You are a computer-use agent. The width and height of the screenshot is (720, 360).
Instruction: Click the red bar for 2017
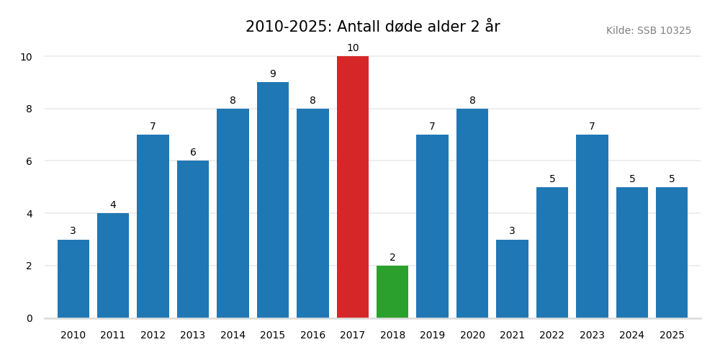pyautogui.click(x=353, y=187)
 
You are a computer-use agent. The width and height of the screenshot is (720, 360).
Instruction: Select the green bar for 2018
pyautogui.click(x=392, y=292)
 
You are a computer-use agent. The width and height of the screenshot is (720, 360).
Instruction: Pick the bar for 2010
pyautogui.click(x=73, y=279)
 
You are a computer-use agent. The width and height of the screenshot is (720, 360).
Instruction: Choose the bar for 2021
pyautogui.click(x=512, y=279)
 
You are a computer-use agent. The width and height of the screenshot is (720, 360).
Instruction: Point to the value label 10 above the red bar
pyautogui.click(x=353, y=48)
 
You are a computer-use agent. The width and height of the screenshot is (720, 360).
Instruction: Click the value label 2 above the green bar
pyautogui.click(x=392, y=258)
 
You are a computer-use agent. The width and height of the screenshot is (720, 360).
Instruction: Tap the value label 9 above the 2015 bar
pyautogui.click(x=273, y=74)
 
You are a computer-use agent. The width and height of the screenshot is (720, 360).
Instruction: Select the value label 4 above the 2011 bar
pyautogui.click(x=113, y=205)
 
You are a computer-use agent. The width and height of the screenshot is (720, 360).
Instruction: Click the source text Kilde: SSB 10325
pyautogui.click(x=648, y=31)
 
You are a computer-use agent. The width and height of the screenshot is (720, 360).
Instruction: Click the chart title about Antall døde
pyautogui.click(x=372, y=27)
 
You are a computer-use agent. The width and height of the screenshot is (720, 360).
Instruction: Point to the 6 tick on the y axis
pyautogui.click(x=29, y=161)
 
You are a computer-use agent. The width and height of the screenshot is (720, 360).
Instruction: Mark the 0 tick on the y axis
pyautogui.click(x=29, y=318)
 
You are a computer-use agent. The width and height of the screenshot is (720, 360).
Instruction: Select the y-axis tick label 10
pyautogui.click(x=26, y=57)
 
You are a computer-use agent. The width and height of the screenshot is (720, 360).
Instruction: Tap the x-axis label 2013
pyautogui.click(x=193, y=336)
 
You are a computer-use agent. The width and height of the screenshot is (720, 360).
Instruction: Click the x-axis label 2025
pyautogui.click(x=672, y=336)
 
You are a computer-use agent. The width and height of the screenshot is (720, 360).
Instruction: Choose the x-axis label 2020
pyautogui.click(x=472, y=336)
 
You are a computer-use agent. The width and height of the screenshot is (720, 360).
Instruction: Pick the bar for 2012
pyautogui.click(x=153, y=226)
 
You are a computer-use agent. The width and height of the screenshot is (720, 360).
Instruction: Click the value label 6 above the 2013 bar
pyautogui.click(x=193, y=153)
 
